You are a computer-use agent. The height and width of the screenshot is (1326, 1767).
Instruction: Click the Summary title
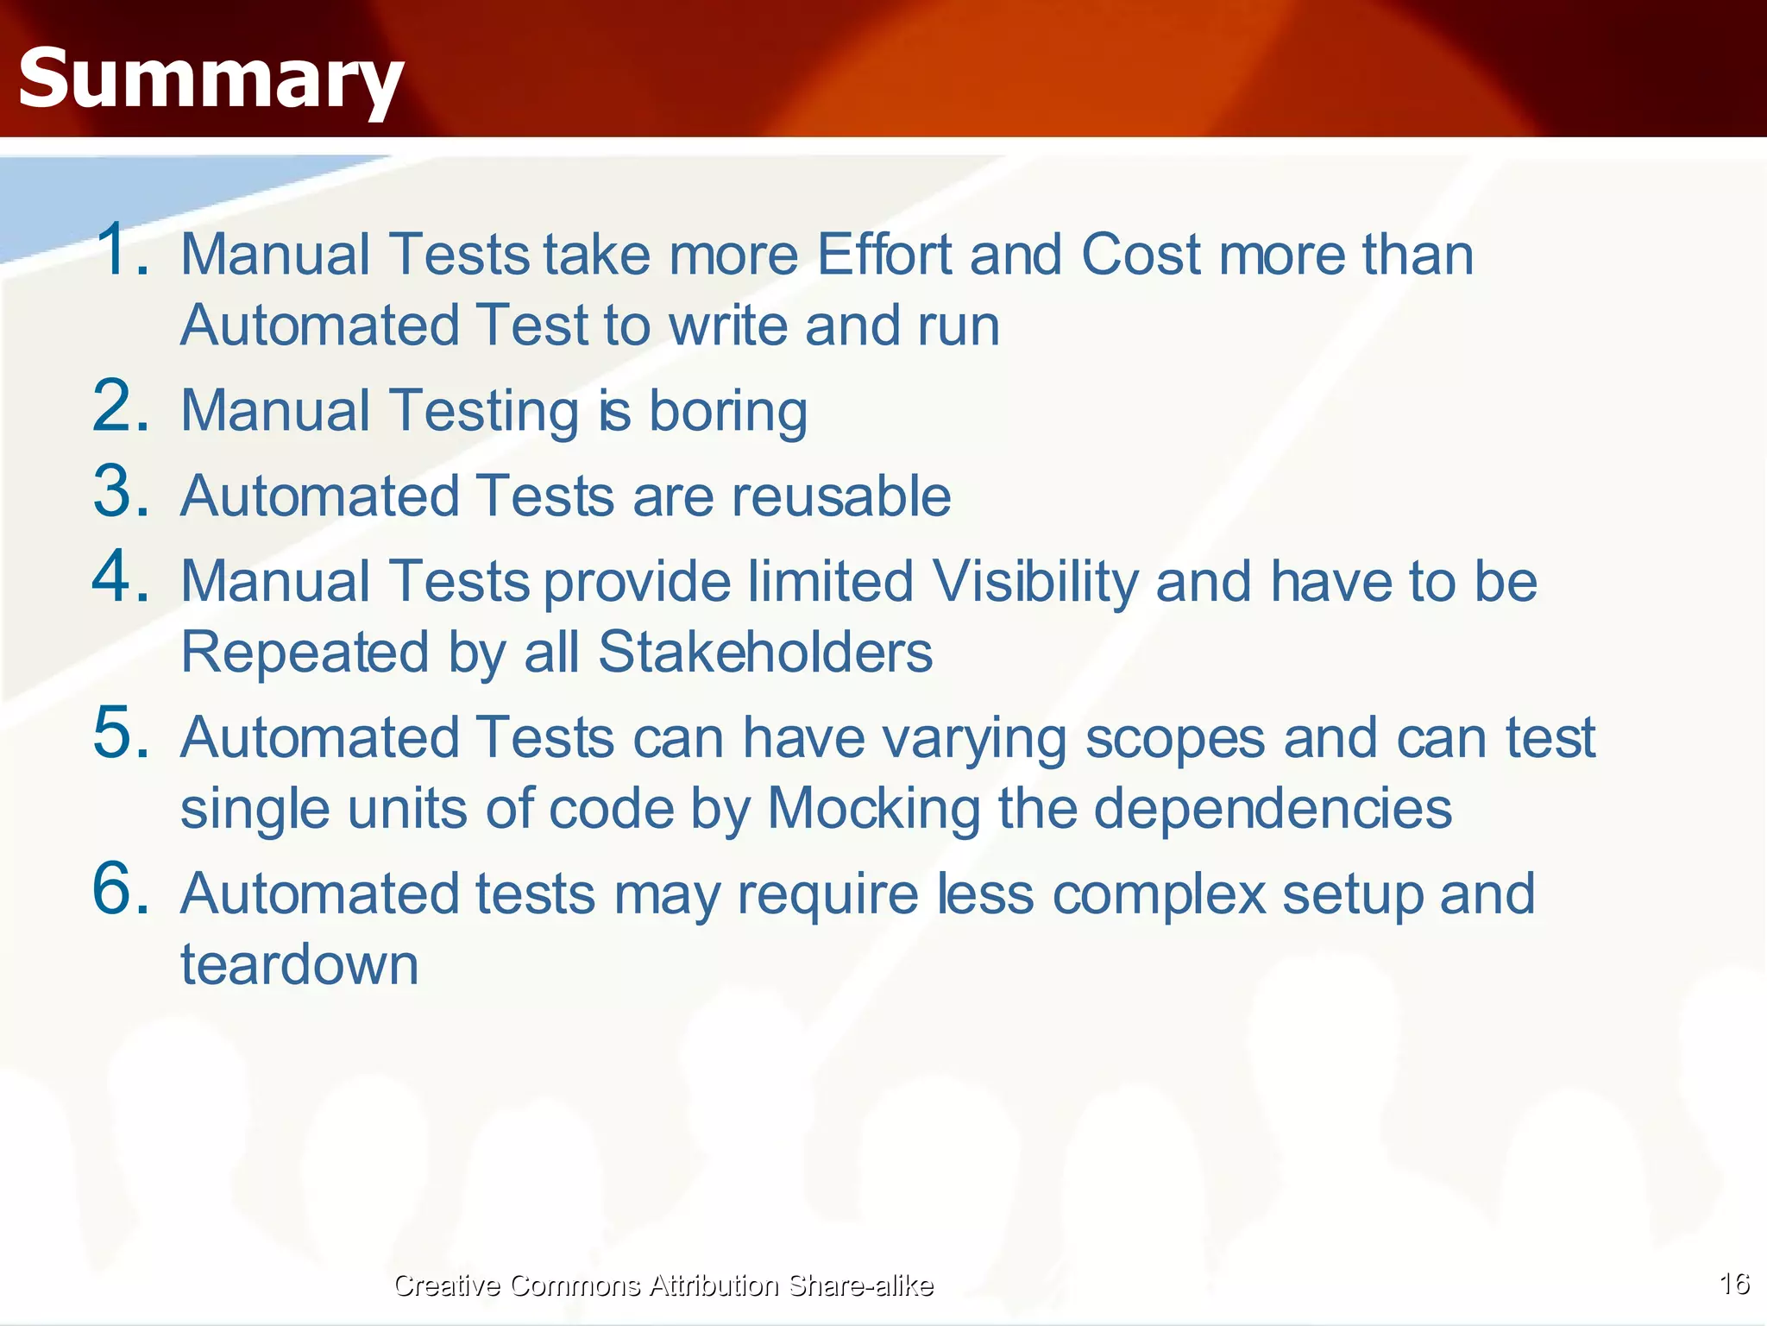(211, 79)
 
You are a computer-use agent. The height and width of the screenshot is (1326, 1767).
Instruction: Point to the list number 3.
(121, 492)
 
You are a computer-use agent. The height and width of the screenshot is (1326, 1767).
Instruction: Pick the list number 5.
(121, 733)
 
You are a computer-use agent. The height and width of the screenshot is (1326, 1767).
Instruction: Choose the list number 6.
(121, 888)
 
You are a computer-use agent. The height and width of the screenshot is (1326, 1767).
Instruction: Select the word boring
(728, 412)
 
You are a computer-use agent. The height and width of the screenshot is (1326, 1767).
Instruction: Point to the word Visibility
(1035, 583)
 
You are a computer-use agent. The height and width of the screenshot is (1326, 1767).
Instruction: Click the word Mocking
(874, 811)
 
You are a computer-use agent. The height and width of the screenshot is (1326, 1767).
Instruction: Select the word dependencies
(1273, 809)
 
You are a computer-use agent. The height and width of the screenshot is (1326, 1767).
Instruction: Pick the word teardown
(299, 965)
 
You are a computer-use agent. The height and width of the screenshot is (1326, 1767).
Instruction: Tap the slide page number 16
(1734, 1284)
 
